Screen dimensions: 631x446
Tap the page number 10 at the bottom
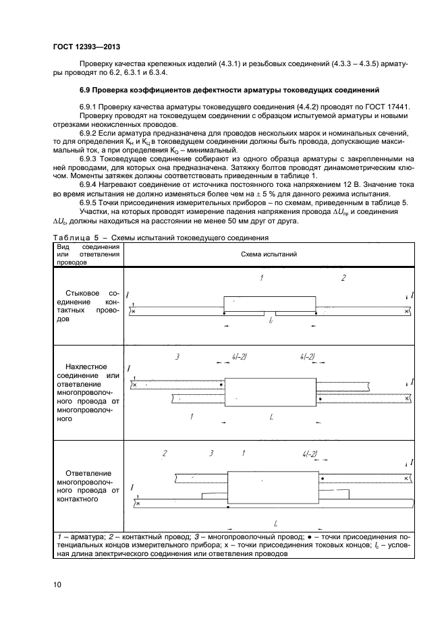coord(57,584)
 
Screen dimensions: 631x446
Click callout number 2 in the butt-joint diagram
coord(343,278)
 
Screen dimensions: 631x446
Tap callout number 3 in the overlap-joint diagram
coord(177,356)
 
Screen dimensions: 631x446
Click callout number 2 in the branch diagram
coord(164,454)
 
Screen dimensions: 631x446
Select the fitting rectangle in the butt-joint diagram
coord(269,304)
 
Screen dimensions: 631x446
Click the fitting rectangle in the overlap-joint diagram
coord(269,391)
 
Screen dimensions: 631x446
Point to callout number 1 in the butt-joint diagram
coord(260,278)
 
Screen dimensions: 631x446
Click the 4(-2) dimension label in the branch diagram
coord(310,454)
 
